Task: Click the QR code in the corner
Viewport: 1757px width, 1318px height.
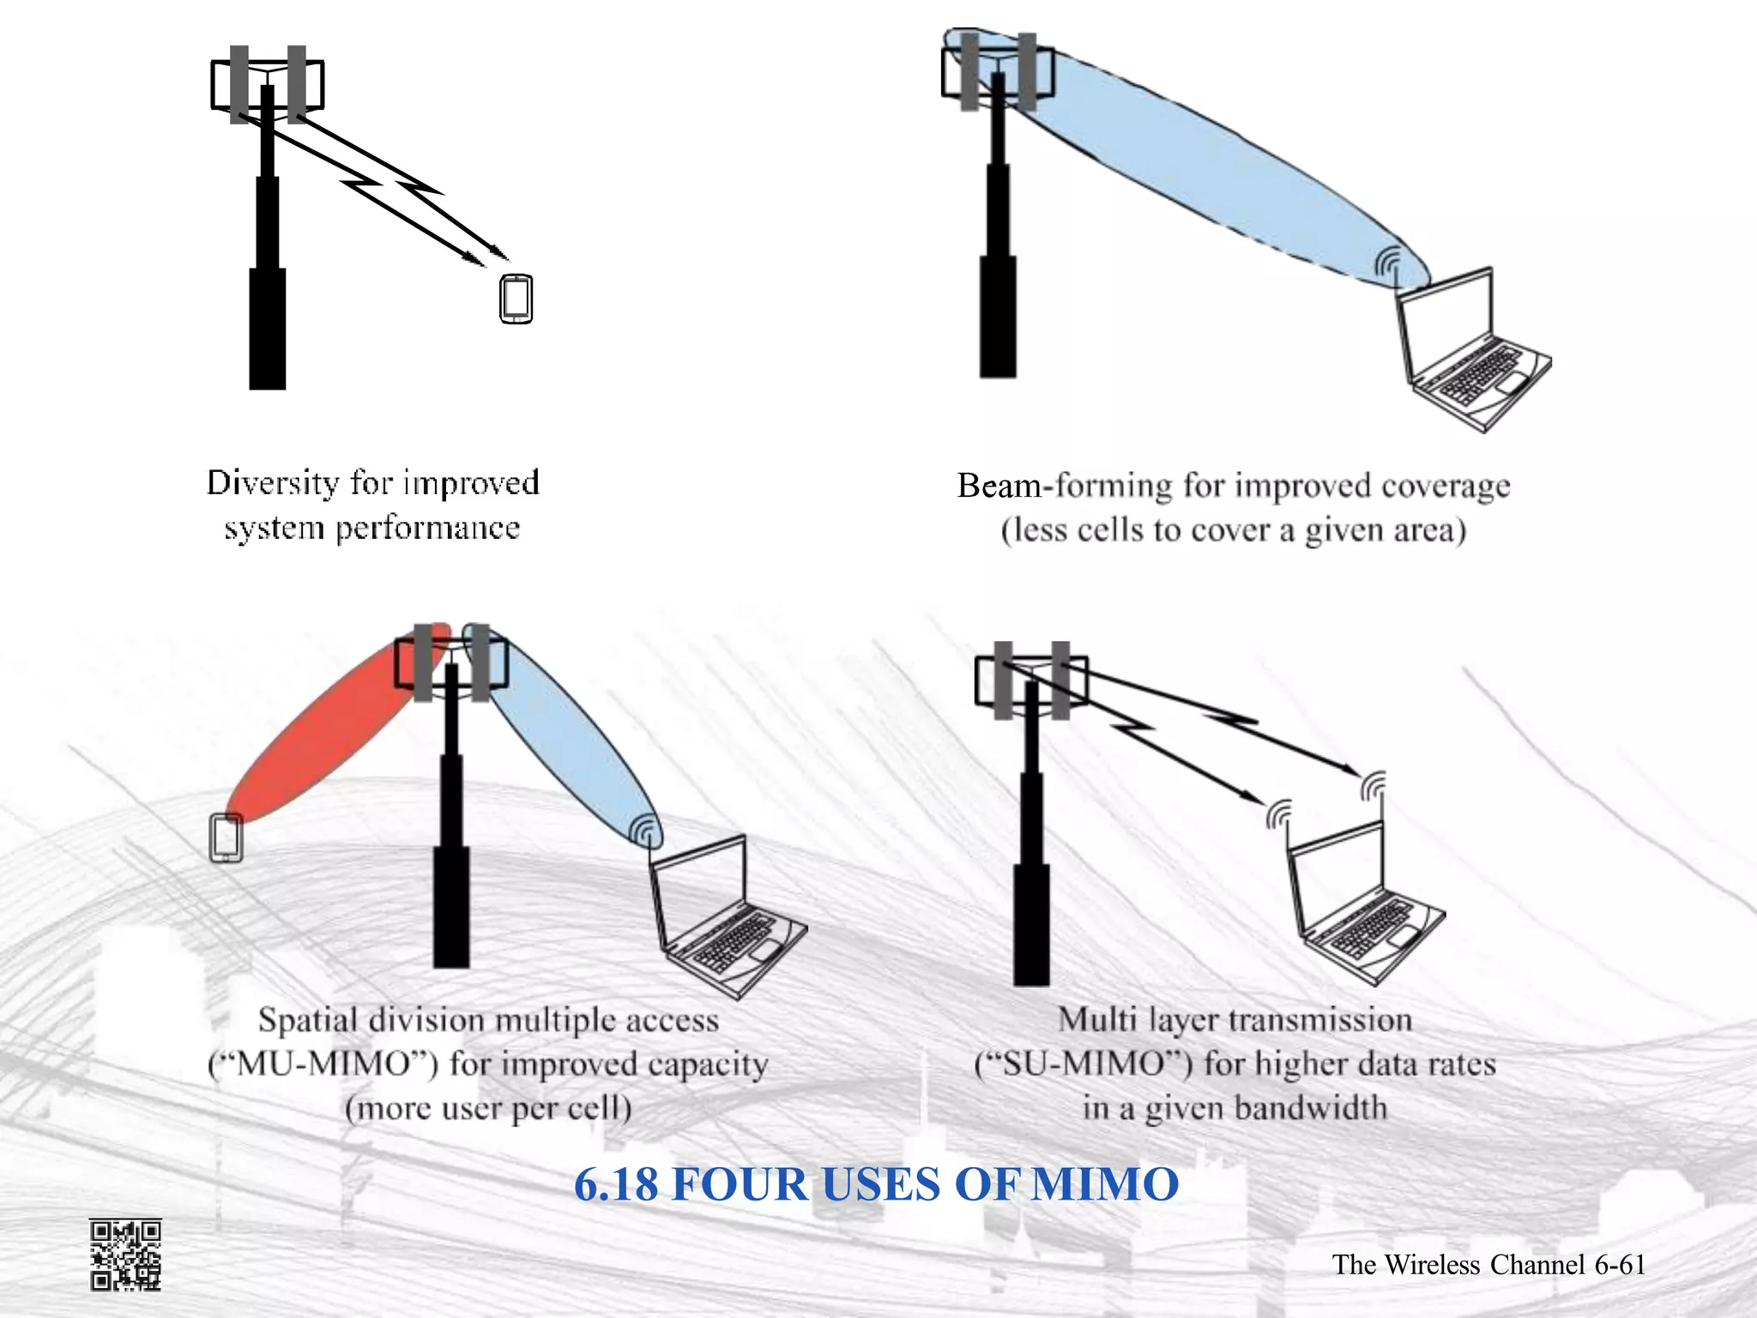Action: (125, 1255)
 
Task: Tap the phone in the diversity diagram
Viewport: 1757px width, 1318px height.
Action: (516, 299)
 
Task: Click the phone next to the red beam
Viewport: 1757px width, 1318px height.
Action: (226, 838)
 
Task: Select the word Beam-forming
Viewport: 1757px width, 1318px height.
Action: (1064, 486)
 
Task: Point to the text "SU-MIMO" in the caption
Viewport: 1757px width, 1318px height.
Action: (1084, 1065)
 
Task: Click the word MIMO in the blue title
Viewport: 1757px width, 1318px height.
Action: (1105, 1185)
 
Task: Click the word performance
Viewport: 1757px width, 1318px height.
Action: (427, 529)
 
